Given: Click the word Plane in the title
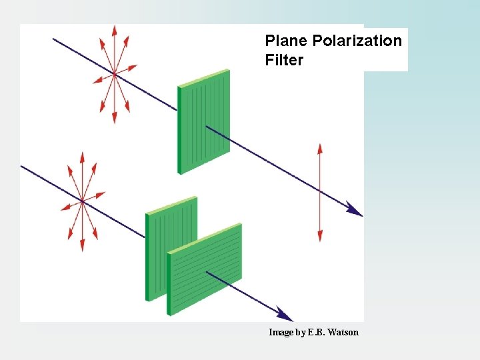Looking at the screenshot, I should click(x=287, y=41).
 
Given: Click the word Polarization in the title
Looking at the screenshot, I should click(x=357, y=41).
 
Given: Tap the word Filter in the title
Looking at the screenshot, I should click(x=284, y=61).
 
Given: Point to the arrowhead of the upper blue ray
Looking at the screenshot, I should click(x=356, y=211).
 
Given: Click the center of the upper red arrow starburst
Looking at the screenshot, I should click(x=115, y=73).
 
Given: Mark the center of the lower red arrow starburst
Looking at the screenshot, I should click(x=82, y=200).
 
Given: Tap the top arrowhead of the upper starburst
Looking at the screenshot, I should click(x=115, y=29).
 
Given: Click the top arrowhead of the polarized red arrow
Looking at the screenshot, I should click(x=320, y=147).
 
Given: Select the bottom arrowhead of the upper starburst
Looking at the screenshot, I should click(x=115, y=118).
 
